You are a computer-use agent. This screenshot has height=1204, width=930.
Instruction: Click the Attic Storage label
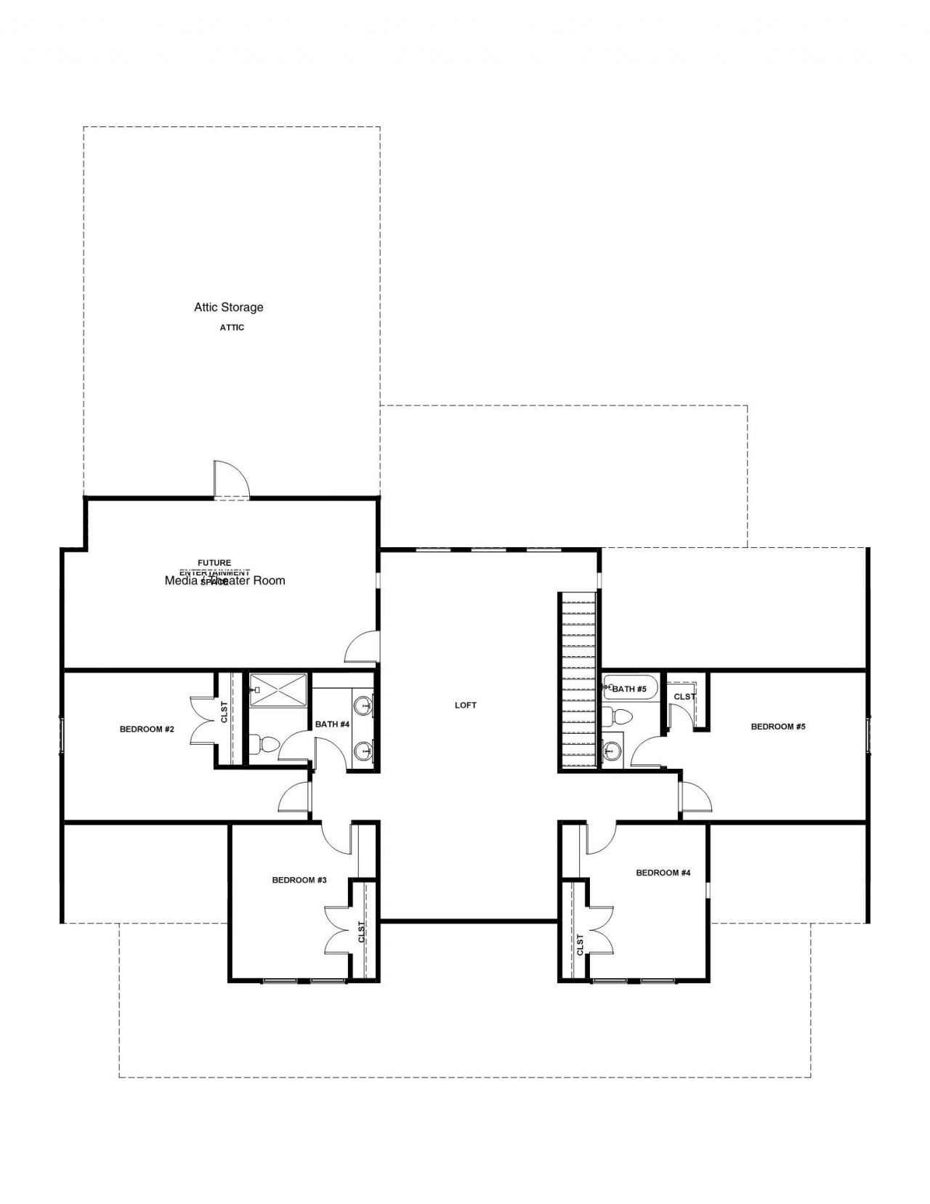click(228, 307)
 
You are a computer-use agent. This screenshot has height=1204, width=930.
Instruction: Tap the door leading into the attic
click(231, 480)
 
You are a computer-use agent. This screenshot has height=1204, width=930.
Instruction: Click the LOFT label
click(466, 705)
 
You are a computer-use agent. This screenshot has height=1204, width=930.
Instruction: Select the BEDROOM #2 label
click(147, 729)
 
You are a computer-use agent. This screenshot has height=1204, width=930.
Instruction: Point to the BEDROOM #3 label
click(299, 880)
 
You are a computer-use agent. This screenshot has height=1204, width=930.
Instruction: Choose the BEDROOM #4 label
click(663, 873)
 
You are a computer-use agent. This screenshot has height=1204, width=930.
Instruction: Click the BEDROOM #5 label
click(778, 726)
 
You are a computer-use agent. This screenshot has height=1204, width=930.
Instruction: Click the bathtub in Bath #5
click(629, 687)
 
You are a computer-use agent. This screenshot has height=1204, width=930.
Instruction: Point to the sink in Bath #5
click(612, 751)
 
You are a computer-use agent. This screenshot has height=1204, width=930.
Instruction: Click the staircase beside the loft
click(578, 680)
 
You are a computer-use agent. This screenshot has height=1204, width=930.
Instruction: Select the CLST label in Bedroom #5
click(684, 697)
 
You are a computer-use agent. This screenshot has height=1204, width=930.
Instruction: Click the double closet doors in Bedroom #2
click(202, 720)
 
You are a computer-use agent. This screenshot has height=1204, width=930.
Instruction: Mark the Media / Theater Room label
click(225, 581)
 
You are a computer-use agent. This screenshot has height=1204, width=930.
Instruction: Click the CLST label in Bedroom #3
click(361, 932)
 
